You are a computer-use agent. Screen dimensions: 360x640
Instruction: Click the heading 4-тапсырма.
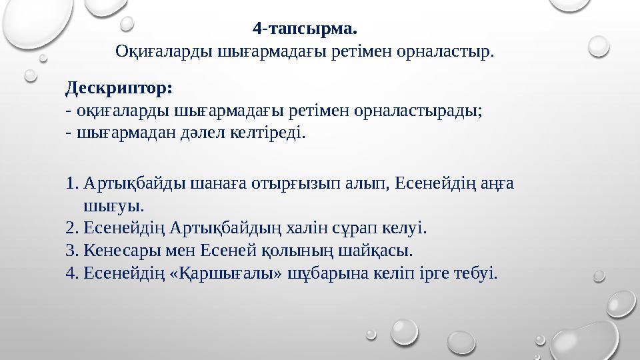(305, 29)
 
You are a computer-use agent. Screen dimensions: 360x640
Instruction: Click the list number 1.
(72, 183)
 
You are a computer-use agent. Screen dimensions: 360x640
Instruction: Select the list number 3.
(72, 251)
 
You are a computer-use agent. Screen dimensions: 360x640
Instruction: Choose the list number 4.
(72, 273)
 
